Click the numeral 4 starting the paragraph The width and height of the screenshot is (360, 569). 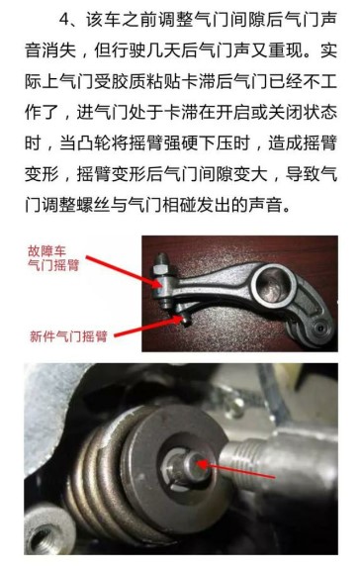64,20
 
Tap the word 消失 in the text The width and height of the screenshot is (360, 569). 59,50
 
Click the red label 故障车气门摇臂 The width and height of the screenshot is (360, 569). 53,258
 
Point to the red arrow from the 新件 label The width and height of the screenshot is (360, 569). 147,327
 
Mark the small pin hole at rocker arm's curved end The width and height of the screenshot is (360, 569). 319,328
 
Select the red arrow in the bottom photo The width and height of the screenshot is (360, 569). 234,470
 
